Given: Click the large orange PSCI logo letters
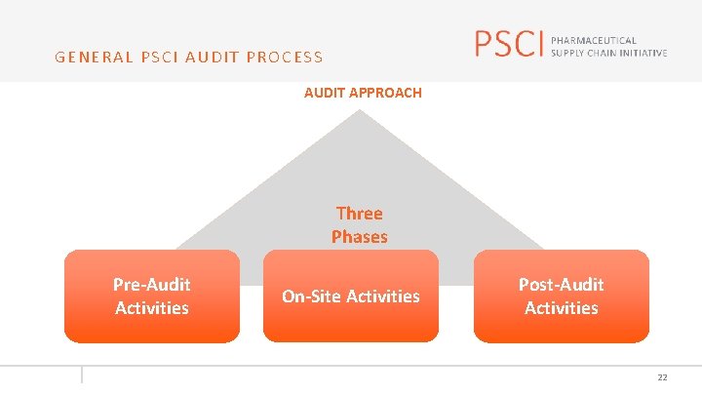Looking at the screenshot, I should (x=506, y=44).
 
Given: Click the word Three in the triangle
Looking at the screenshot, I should (x=359, y=214).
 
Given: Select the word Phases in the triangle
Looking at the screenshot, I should (x=359, y=236).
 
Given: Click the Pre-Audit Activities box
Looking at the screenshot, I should (x=152, y=296).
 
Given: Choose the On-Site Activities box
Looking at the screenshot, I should (x=351, y=296).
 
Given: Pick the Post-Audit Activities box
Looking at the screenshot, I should (x=562, y=296).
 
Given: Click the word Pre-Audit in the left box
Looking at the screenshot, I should (x=152, y=285).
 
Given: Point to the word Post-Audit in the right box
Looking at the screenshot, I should (x=562, y=285).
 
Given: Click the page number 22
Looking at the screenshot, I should (x=662, y=377).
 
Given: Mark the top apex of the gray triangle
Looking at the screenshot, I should (x=360, y=110).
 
